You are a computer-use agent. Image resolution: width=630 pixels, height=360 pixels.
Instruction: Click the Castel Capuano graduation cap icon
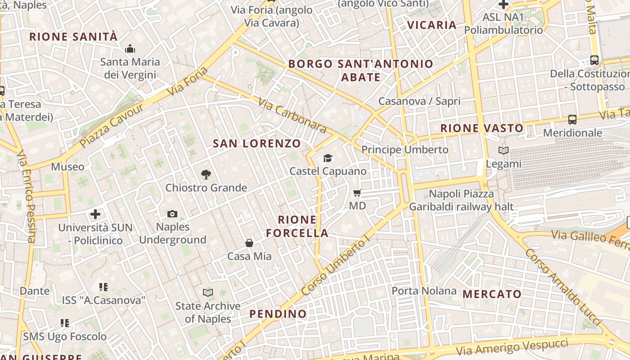point(328,158)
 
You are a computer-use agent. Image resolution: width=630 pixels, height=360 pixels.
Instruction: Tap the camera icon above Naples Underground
point(172,214)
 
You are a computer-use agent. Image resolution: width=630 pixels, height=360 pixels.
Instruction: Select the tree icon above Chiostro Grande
point(206,174)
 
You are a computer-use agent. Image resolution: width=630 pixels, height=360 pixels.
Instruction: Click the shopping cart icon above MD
point(357,193)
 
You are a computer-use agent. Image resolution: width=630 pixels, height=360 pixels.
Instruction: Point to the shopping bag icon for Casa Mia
point(249,243)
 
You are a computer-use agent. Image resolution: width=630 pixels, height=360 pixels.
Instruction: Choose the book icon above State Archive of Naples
point(207,293)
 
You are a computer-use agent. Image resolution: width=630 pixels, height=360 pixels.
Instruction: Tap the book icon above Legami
point(504,151)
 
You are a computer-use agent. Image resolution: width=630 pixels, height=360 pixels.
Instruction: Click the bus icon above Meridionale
point(572,120)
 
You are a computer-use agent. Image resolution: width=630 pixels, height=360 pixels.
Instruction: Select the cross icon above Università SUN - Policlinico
point(95,214)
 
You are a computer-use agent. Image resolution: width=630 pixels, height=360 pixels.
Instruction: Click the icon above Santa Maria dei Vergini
point(130,49)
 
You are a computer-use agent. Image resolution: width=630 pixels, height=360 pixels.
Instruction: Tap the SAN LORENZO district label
point(256,144)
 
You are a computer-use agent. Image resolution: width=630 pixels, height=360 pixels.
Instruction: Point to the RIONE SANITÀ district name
point(73,37)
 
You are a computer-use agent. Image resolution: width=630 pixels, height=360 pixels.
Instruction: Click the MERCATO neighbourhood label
point(492,294)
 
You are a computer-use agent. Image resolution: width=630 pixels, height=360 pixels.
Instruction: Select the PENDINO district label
point(278,314)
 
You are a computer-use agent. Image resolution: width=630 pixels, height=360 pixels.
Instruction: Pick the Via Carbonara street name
point(292,115)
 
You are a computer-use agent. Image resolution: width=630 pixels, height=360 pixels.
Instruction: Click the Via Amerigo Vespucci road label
point(512,347)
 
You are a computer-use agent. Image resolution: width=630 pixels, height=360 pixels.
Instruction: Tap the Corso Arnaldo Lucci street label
point(562,287)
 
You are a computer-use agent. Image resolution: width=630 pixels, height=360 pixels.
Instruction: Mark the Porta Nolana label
point(424,291)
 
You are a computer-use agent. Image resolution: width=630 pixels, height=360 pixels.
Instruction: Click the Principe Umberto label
point(405,149)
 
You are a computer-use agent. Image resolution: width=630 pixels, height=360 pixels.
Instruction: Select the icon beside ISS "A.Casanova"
point(103,287)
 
